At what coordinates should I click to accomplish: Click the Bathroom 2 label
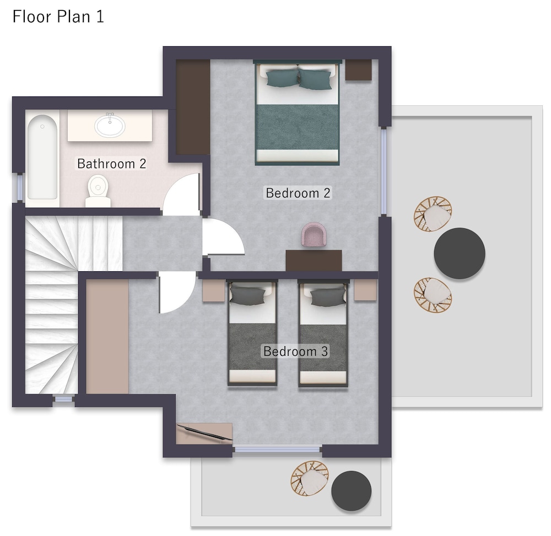click(111, 164)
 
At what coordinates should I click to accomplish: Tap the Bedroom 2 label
click(298, 193)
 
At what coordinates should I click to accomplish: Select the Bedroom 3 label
click(295, 351)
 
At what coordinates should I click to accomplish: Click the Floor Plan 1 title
click(58, 17)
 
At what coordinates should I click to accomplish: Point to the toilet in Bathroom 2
click(98, 191)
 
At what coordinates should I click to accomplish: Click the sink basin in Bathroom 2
click(110, 125)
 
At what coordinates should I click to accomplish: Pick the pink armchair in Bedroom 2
click(314, 234)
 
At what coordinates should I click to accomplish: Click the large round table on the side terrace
click(460, 253)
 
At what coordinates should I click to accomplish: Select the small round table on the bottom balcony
click(351, 491)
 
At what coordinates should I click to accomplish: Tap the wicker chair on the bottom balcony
click(310, 478)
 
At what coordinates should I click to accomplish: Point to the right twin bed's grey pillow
click(327, 297)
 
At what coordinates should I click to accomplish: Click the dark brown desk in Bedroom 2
click(314, 261)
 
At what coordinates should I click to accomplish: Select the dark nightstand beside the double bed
click(359, 70)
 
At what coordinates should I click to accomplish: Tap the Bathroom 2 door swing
click(181, 195)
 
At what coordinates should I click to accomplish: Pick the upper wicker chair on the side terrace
click(433, 213)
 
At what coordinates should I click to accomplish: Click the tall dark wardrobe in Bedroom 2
click(192, 107)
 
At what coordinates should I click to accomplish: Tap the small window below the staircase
click(63, 400)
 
